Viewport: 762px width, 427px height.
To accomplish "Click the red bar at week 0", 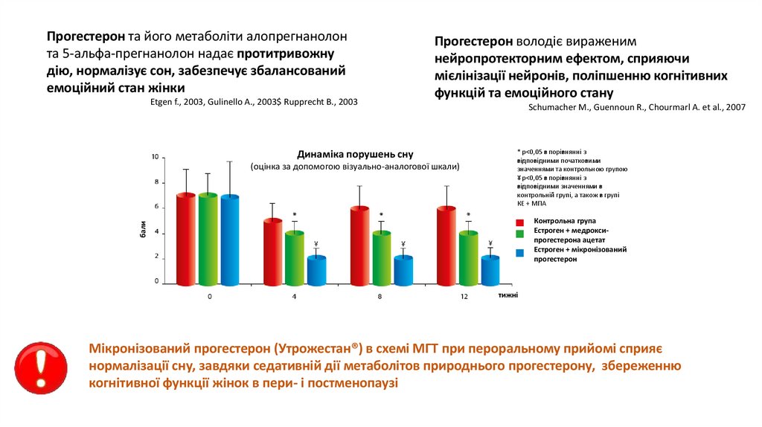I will point(186,240).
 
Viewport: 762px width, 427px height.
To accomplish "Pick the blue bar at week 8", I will point(403,271).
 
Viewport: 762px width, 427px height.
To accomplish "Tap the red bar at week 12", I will point(445,246).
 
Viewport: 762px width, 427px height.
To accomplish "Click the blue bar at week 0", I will point(230,240).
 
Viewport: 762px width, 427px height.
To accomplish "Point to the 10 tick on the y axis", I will point(155,157).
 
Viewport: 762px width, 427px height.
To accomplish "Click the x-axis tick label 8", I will point(380,296).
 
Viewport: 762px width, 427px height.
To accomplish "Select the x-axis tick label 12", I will point(464,296).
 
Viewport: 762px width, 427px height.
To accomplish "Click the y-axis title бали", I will point(141,231).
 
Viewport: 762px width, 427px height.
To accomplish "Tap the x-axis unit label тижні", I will point(508,295).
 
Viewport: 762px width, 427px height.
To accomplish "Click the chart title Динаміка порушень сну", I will point(355,154).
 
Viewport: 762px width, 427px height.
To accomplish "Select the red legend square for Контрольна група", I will point(519,222).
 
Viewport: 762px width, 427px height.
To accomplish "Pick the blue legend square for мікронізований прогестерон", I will point(519,253).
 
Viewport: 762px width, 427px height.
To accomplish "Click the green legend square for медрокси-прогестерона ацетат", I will point(519,234).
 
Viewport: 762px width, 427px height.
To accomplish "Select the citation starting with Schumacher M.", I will point(636,107).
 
